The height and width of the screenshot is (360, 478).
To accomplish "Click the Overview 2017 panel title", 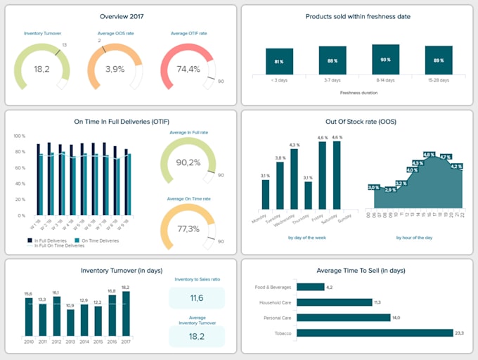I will (x=117, y=15).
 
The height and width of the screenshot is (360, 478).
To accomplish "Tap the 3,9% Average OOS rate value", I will (x=115, y=69).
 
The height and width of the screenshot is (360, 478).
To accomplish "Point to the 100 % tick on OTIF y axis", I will (x=20, y=136).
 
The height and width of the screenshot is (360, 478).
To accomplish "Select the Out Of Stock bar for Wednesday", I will (x=295, y=179).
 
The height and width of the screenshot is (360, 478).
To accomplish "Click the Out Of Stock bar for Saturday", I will (x=337, y=175).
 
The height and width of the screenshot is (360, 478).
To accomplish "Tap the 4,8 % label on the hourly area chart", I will (x=428, y=154).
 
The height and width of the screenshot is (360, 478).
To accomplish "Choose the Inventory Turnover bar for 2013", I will (x=70, y=322).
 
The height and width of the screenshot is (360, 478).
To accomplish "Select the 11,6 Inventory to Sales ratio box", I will (x=197, y=299).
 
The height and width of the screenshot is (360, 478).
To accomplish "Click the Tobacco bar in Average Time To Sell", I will (x=375, y=333).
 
